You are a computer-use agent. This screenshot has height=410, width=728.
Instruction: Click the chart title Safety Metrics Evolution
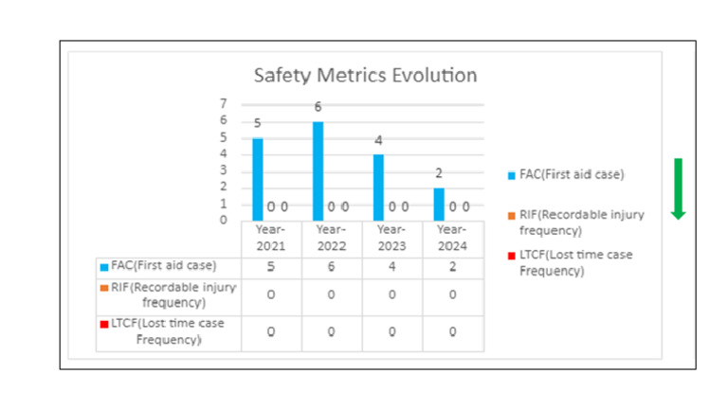(365, 75)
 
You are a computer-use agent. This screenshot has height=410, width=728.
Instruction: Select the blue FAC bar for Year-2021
(257, 178)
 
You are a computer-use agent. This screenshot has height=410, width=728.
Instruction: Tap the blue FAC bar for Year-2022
(318, 170)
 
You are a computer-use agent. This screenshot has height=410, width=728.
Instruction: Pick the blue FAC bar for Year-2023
(378, 187)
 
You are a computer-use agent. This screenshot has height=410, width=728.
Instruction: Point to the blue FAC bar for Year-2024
(438, 203)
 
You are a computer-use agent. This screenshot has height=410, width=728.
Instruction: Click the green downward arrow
(678, 188)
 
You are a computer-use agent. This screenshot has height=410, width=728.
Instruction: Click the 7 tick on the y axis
(224, 103)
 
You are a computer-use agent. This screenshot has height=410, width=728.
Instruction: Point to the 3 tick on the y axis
(224, 170)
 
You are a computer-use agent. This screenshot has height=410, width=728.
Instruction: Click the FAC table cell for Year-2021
(271, 266)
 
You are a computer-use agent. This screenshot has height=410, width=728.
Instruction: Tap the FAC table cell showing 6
(332, 266)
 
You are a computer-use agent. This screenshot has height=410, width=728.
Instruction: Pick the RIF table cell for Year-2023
(391, 294)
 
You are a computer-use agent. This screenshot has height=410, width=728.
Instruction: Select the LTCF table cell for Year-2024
(452, 332)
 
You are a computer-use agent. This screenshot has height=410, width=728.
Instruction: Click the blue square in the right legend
(512, 175)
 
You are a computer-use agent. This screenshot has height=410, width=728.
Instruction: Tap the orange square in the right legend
(512, 216)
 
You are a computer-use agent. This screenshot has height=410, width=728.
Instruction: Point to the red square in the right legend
(512, 256)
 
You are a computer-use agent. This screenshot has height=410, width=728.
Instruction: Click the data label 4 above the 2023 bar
(378, 140)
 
